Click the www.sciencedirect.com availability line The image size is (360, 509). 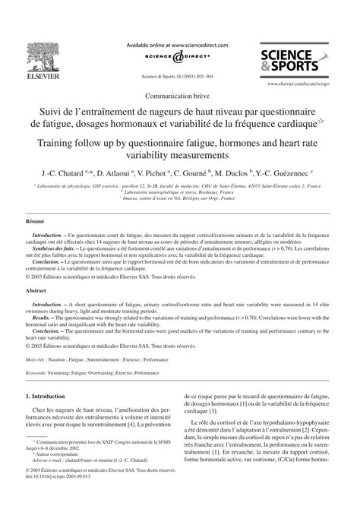pyautogui.click(x=180, y=45)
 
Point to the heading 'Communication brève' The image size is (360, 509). pyautogui.click(x=180, y=96)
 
